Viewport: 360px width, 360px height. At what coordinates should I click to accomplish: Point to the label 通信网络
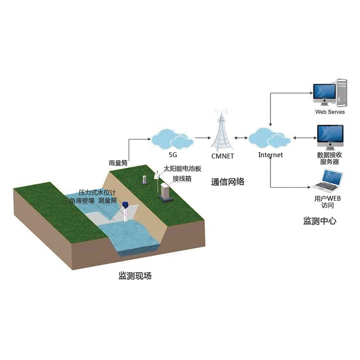point(228,181)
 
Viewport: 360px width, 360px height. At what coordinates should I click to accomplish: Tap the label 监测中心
point(319,220)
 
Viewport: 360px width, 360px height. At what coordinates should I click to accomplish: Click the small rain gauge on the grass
point(144,180)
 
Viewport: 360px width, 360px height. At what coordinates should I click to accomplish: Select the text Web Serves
point(329,112)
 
